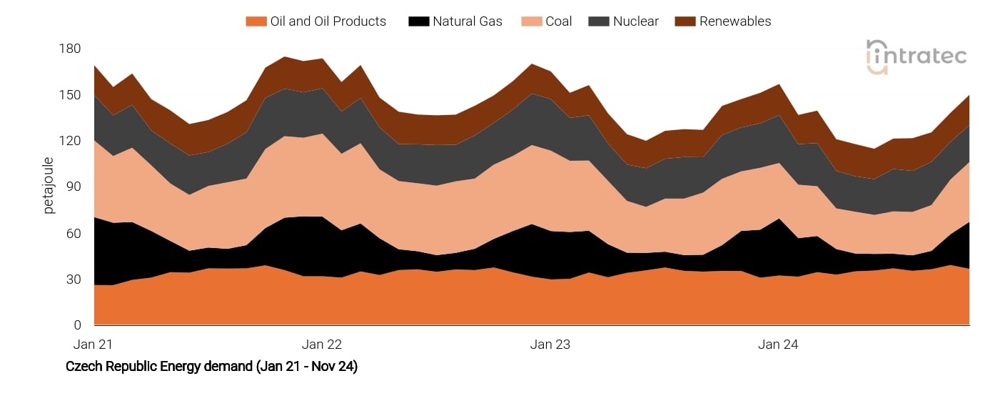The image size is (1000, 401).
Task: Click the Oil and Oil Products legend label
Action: click(x=328, y=21)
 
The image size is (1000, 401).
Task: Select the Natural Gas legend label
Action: click(x=467, y=21)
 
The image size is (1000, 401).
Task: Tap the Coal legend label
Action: click(x=558, y=21)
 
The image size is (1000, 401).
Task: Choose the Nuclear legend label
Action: click(x=635, y=21)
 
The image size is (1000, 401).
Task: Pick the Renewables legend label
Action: click(x=734, y=21)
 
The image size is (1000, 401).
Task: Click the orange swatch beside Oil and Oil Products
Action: click(x=255, y=21)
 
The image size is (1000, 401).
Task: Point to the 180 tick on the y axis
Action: click(x=71, y=49)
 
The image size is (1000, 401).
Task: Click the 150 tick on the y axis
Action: click(x=71, y=95)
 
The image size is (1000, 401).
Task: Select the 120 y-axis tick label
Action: click(x=71, y=141)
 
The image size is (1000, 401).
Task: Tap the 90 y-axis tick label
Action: click(x=74, y=187)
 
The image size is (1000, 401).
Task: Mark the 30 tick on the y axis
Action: click(x=74, y=279)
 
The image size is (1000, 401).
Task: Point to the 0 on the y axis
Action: click(x=78, y=325)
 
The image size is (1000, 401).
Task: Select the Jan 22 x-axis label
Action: click(x=322, y=345)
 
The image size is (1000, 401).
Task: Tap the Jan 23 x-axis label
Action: click(x=550, y=345)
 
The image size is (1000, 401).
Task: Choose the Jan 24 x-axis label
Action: click(x=778, y=345)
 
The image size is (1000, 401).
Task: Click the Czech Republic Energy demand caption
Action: click(x=211, y=367)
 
